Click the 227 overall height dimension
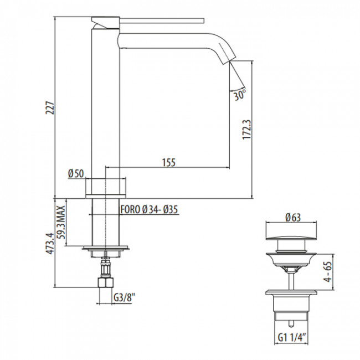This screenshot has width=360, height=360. click(x=50, y=107)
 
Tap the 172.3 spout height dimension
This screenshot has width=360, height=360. click(x=247, y=129)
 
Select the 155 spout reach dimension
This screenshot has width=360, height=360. click(x=169, y=162)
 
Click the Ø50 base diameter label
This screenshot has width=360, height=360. click(x=76, y=173)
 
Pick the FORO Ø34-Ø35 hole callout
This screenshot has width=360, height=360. click(x=149, y=209)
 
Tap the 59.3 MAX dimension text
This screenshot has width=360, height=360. click(x=61, y=222)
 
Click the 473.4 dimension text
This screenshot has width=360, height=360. click(x=50, y=243)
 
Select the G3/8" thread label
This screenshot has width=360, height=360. click(x=124, y=298)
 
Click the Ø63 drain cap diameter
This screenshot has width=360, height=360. click(x=293, y=217)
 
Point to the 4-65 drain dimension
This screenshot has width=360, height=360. click(x=328, y=272)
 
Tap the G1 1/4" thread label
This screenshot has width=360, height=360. click(x=292, y=337)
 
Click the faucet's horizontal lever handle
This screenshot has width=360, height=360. click(x=162, y=20)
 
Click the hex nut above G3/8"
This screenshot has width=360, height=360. click(x=106, y=282)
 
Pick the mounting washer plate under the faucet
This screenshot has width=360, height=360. click(x=106, y=248)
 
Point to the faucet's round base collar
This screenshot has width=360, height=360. click(x=106, y=188)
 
